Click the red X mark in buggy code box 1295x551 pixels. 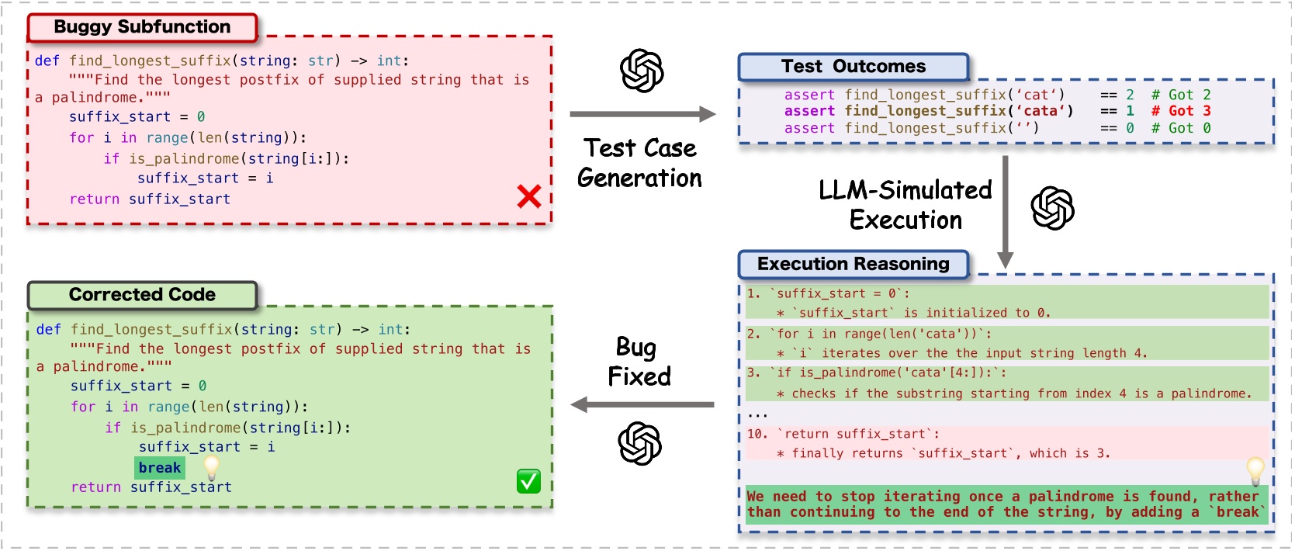click(x=529, y=196)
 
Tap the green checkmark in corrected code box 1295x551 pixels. click(x=528, y=481)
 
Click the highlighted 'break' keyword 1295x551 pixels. click(x=160, y=467)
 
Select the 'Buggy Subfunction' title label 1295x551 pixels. click(x=142, y=27)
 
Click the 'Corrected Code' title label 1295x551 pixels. click(x=142, y=295)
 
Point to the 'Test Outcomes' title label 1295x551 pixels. click(x=853, y=67)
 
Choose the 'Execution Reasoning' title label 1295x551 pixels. click(x=853, y=264)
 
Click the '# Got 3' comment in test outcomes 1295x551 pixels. click(x=1180, y=111)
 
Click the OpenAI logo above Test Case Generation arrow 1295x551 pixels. click(x=642, y=71)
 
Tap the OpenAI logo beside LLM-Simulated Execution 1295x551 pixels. click(x=1052, y=208)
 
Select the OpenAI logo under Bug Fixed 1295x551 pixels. click(x=639, y=443)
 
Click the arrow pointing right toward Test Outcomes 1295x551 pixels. click(x=642, y=114)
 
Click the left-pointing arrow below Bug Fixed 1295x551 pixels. click(x=642, y=404)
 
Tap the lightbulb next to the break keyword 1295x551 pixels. click(x=211, y=466)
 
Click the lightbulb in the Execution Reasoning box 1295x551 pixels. click(x=1255, y=470)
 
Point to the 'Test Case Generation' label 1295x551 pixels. click(x=639, y=163)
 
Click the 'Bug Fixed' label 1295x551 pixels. click(x=639, y=362)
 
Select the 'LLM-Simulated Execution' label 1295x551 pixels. click(x=905, y=205)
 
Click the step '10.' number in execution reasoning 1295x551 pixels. click(x=757, y=434)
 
